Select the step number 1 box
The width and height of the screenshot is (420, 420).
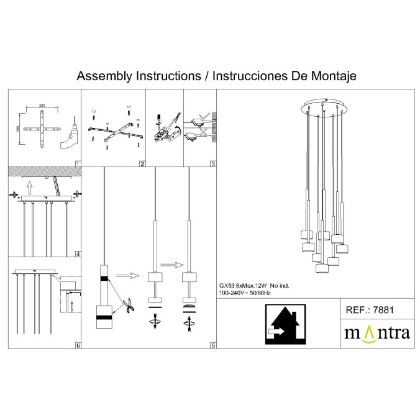tap(77, 164)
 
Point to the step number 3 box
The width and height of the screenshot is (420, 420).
tap(212, 164)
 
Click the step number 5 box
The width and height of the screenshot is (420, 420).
tap(212, 345)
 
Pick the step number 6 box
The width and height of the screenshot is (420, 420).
tap(77, 345)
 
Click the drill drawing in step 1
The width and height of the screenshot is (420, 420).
tap(70, 134)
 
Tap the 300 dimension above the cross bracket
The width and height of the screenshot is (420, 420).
tap(42, 106)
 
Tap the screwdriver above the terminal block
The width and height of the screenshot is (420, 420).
tap(158, 117)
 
